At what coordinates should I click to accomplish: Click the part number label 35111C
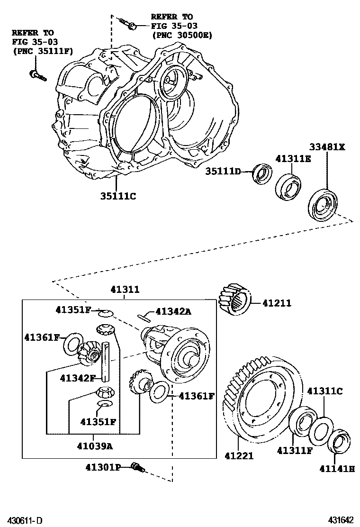(117, 195)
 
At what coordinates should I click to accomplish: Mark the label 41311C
(324, 391)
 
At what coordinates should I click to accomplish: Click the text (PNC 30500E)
(182, 35)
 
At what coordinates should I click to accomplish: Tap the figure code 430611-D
(24, 520)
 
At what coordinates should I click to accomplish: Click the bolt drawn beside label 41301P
(138, 468)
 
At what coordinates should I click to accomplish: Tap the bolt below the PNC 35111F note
(37, 75)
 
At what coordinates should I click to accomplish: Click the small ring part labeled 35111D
(261, 173)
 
